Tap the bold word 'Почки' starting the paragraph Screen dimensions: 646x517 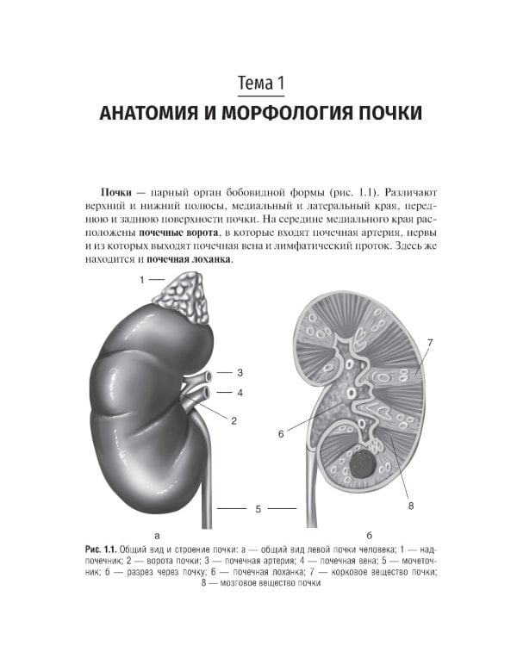click(x=117, y=191)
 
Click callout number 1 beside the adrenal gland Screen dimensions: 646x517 click(x=142, y=279)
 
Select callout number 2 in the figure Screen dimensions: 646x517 click(x=234, y=420)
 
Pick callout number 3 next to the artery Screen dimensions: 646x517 click(x=240, y=372)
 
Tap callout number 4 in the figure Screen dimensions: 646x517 click(x=240, y=393)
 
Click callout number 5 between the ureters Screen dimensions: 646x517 click(x=258, y=509)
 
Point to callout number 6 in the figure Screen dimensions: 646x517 click(x=281, y=434)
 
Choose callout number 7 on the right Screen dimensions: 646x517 click(x=429, y=343)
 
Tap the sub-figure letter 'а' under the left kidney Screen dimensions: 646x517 click(x=156, y=534)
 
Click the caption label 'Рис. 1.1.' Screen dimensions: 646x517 click(x=101, y=550)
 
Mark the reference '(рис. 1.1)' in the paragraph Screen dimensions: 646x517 click(x=352, y=191)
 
